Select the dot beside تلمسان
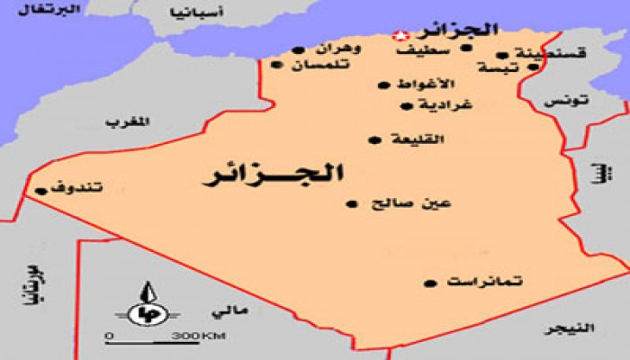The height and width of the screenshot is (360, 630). [274, 64]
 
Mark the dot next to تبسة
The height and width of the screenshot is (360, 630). [533, 67]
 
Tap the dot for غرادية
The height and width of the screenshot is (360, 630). [405, 105]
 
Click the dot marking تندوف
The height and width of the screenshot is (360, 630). [40, 191]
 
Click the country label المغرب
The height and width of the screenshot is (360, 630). [125, 122]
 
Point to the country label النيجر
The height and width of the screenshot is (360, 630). [572, 329]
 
